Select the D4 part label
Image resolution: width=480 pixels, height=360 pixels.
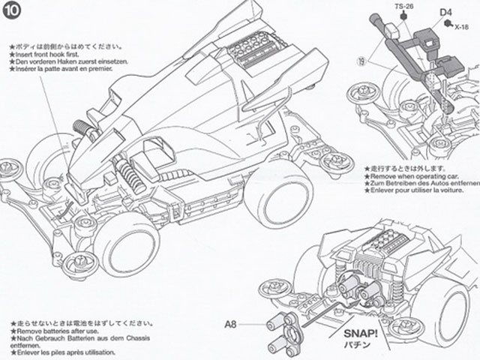[x=445, y=13]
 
